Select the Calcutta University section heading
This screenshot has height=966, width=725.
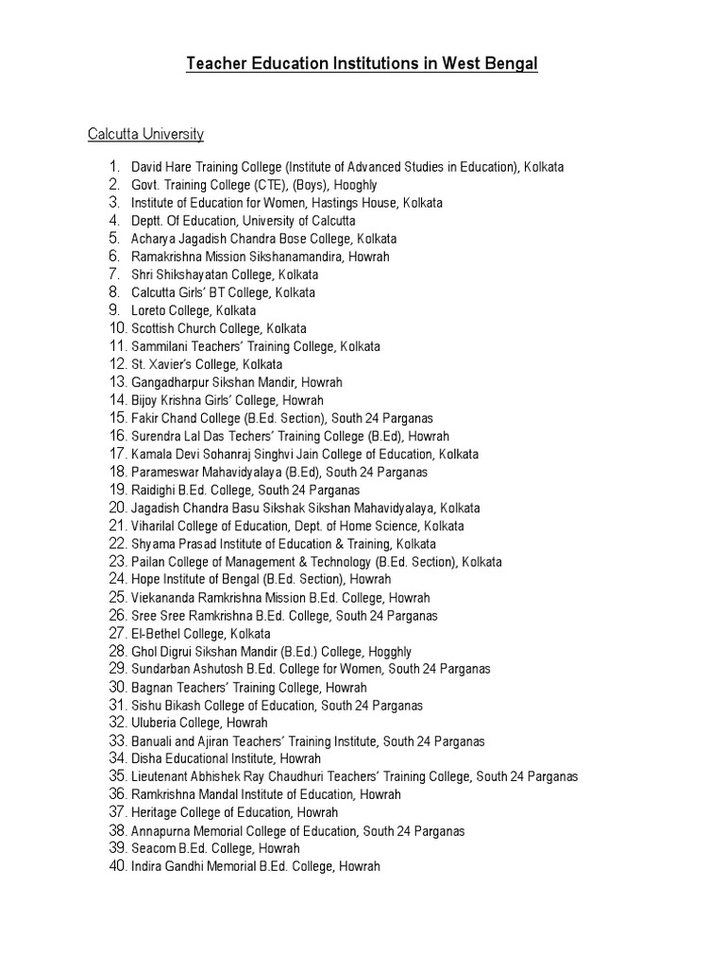[145, 134]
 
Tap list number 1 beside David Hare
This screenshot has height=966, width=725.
[114, 166]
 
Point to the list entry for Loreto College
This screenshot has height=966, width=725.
[193, 310]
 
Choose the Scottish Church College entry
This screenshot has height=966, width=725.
[218, 328]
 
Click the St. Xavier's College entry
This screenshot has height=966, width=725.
[206, 364]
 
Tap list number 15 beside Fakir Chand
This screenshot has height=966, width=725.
[117, 418]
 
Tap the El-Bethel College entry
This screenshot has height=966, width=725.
[200, 634]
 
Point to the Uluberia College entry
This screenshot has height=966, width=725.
[198, 724]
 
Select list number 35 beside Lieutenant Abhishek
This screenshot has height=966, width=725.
[117, 776]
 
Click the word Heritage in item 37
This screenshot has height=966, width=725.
[154, 812]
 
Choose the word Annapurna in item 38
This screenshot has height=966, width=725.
[158, 831]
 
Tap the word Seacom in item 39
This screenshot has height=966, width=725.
[151, 848]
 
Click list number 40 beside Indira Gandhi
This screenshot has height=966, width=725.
[117, 866]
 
